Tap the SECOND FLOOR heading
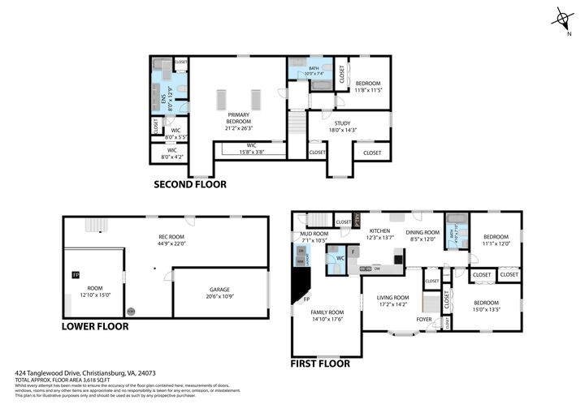(190, 184)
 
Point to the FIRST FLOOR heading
(320, 364)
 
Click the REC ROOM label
(172, 238)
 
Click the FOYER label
(424, 320)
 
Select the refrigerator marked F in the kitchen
(354, 252)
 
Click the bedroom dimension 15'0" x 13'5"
(486, 309)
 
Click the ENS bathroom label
(163, 99)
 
